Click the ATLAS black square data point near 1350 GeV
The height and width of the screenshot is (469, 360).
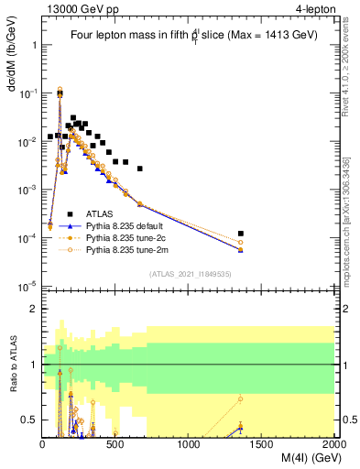click(240, 234)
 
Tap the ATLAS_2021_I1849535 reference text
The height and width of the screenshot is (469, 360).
click(189, 273)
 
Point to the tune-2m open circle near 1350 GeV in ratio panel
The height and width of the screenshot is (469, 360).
click(240, 398)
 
